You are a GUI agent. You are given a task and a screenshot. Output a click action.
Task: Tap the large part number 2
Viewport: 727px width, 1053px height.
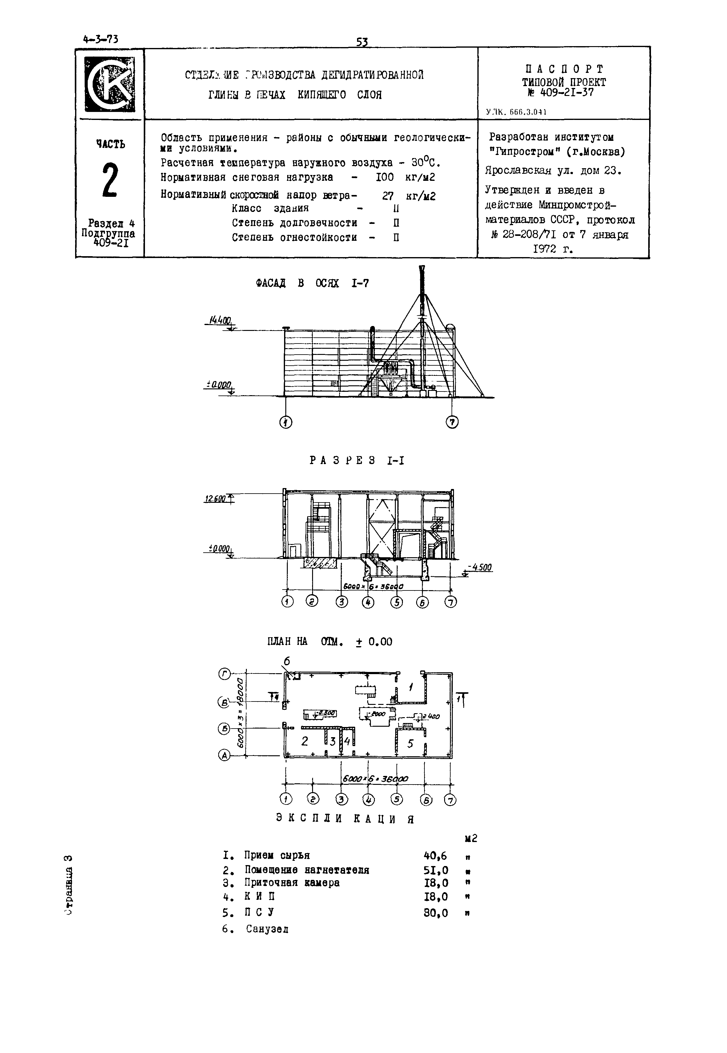(x=110, y=180)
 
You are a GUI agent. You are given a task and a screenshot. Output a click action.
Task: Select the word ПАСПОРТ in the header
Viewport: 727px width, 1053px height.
(x=564, y=69)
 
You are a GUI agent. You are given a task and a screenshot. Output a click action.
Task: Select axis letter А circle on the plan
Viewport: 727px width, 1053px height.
(x=225, y=756)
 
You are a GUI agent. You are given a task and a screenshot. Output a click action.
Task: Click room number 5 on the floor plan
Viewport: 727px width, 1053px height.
(x=410, y=744)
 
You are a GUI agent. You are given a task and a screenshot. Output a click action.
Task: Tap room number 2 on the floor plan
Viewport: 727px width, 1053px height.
(x=305, y=741)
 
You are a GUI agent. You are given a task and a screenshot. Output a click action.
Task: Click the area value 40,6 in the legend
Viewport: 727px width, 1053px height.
(x=435, y=856)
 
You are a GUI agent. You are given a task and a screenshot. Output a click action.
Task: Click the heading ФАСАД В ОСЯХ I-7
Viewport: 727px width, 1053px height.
(x=312, y=284)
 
